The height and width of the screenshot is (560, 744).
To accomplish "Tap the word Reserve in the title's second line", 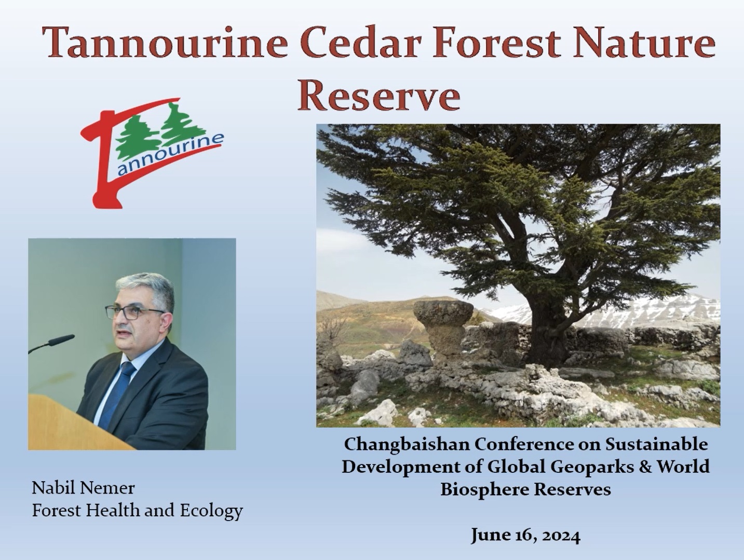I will [378, 96].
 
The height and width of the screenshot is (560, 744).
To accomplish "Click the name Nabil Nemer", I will [83, 488].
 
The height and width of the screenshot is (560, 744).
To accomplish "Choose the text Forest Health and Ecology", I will [137, 511].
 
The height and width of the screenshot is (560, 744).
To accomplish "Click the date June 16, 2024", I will [525, 535].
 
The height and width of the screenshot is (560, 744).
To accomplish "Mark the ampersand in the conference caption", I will [645, 467].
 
